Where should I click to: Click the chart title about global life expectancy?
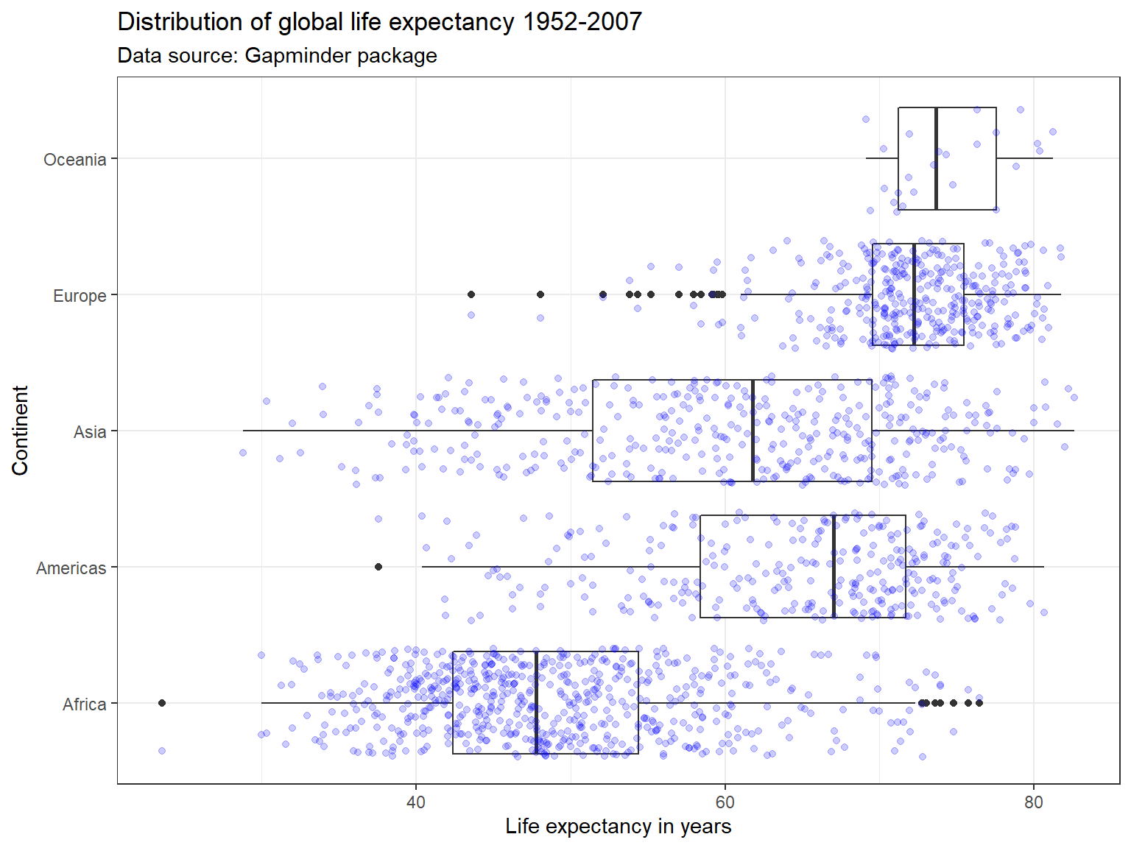(379, 22)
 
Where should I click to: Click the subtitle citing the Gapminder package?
(277, 56)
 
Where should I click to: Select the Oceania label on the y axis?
(74, 160)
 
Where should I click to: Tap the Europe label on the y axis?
(80, 296)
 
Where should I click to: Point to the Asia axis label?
(90, 432)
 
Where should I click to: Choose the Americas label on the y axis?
(71, 568)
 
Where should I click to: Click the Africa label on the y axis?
(84, 704)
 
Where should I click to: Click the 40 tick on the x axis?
(416, 802)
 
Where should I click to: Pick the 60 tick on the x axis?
(725, 802)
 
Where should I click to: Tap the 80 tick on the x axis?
(1034, 802)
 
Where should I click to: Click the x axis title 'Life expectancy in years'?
(618, 827)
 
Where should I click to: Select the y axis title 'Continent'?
(20, 431)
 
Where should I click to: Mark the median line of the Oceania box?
(936, 158)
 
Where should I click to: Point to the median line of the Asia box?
(753, 431)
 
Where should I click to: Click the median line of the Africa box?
(536, 703)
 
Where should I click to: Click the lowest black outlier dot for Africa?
(162, 703)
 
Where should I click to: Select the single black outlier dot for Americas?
(378, 567)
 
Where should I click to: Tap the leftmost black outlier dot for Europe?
(471, 294)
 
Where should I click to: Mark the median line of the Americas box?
(834, 567)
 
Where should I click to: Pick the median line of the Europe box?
(914, 294)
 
